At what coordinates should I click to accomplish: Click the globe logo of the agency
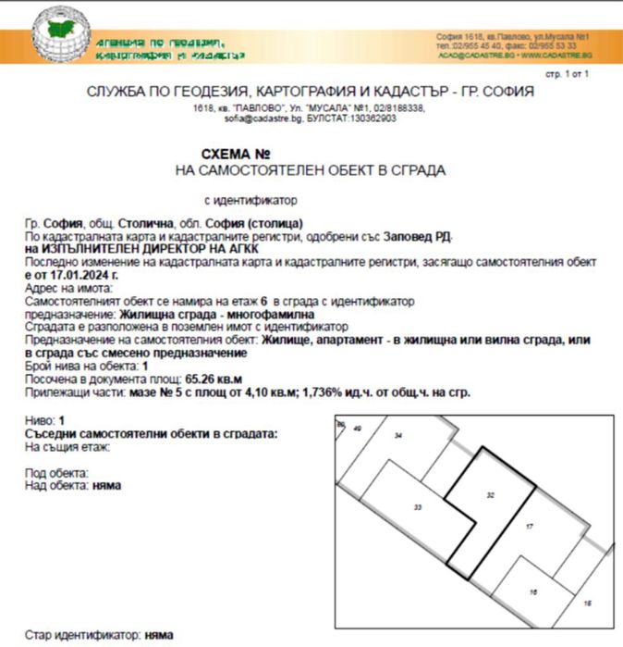coord(61,37)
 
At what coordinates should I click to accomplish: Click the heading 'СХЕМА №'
coord(236,154)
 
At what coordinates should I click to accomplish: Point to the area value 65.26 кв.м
coord(217,379)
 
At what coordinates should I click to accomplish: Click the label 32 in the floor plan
coord(491,496)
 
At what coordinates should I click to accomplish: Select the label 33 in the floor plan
coord(418,508)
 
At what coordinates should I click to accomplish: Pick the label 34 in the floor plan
coord(398,435)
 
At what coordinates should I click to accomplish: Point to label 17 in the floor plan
coord(529,527)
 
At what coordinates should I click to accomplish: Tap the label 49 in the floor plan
coord(357,429)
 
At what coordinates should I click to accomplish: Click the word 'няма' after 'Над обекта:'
coord(107,484)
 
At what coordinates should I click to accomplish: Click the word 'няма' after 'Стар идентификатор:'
coord(157,637)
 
